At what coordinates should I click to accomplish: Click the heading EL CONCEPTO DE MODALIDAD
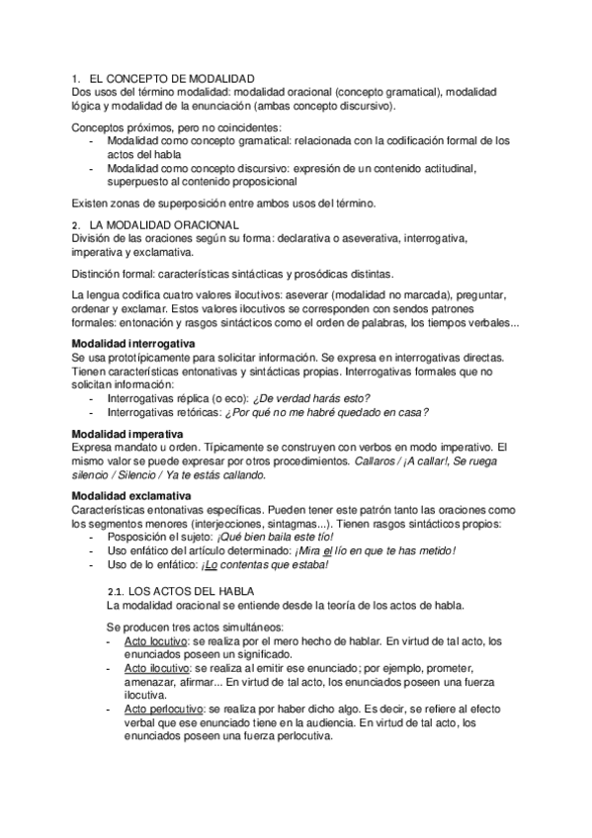coord(171,78)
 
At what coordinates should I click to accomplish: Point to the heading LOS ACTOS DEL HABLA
coord(203,590)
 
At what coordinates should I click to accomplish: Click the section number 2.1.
coord(116,590)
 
